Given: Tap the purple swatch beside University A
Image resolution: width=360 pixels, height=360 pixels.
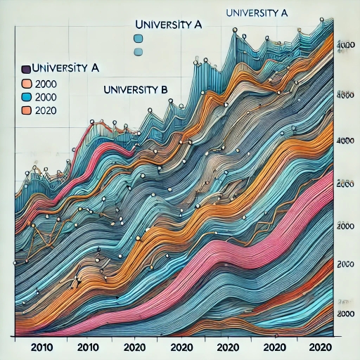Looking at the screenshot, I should (x=26, y=69).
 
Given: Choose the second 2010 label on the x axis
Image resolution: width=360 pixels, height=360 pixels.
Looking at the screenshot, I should (x=89, y=347).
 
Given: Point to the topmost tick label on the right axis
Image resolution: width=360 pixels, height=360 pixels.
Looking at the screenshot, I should (x=345, y=44).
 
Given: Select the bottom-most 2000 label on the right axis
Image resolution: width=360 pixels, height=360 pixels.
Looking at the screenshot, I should (x=345, y=313).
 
